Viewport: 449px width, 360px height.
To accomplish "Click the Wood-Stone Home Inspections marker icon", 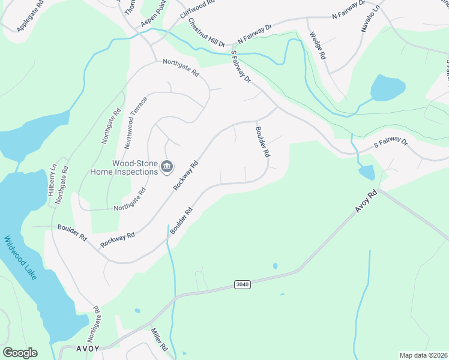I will [167, 166].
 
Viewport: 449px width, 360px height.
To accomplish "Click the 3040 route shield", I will [241, 285].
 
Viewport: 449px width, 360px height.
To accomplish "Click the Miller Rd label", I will [160, 340].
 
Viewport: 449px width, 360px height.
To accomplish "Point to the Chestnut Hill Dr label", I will [206, 33].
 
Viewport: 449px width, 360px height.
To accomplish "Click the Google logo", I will [20, 353].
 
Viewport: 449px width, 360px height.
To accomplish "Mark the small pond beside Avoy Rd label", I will [367, 173].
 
